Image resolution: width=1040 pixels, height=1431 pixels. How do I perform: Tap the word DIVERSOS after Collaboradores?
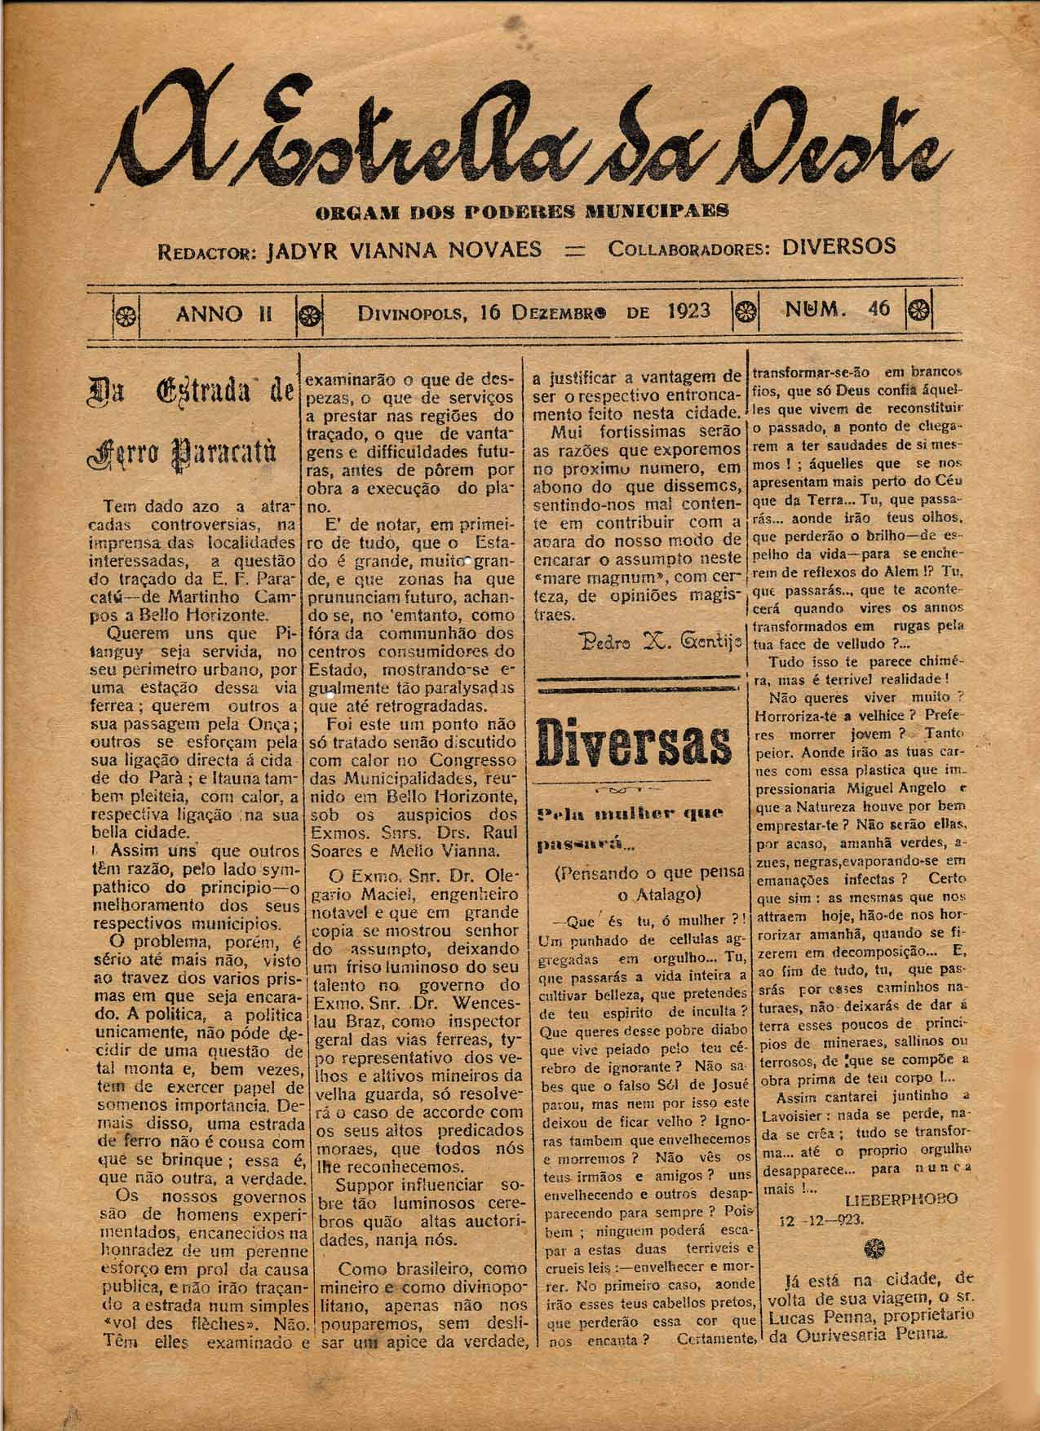tap(838, 245)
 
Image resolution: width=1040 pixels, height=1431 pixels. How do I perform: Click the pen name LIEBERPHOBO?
tap(901, 1199)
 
